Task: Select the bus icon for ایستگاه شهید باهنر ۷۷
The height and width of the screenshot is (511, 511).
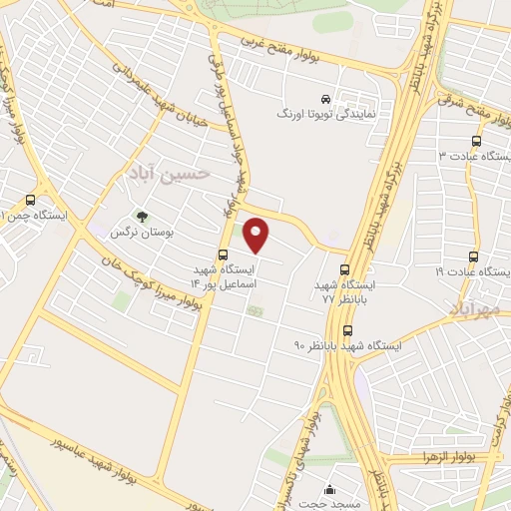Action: point(344,268)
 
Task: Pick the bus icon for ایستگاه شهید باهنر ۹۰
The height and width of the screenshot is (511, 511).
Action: point(347,330)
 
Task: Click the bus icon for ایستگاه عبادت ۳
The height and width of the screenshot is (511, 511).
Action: point(476,141)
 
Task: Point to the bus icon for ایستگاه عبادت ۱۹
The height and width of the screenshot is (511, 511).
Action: point(474,255)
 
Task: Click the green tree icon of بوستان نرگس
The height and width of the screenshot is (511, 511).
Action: point(142,215)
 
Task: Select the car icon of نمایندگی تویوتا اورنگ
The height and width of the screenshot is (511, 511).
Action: point(341,99)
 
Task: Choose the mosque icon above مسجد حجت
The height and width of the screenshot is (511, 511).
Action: point(330,490)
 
